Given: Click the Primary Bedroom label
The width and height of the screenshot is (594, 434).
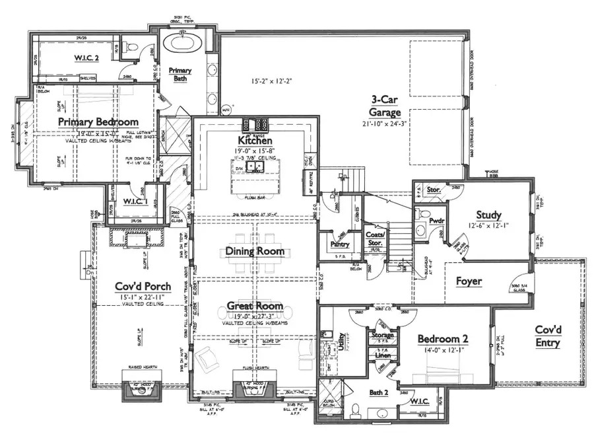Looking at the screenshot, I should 98,122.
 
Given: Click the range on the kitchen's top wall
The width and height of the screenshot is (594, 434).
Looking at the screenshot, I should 255,124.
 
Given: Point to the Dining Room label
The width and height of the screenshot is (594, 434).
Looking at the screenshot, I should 255,251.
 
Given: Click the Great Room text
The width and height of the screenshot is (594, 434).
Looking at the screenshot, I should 255,306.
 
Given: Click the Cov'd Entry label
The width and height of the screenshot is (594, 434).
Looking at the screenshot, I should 547,336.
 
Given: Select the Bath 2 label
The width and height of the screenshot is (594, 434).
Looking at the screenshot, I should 378,393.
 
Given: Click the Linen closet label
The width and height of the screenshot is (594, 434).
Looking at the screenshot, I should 383,356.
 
